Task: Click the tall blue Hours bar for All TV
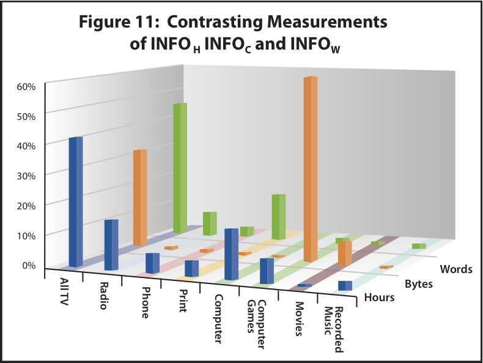(x=75, y=202)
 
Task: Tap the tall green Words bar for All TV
(x=179, y=168)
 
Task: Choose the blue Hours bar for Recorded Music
(x=345, y=286)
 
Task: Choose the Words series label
(x=455, y=269)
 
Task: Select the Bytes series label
(x=419, y=284)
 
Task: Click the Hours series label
(x=378, y=298)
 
